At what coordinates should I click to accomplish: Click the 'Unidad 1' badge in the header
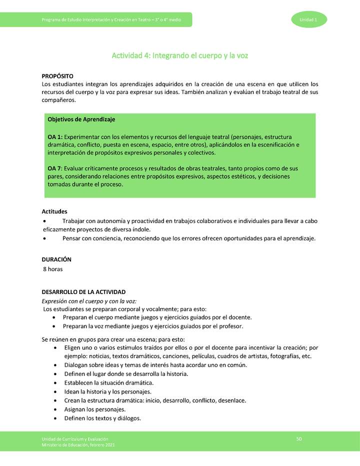[307, 19]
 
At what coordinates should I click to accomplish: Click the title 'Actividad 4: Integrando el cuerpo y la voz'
[180, 55]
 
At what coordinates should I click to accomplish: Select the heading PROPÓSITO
[57, 75]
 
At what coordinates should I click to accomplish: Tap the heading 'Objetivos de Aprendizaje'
[81, 119]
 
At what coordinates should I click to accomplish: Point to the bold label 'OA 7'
[55, 168]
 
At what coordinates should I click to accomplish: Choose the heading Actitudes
[54, 211]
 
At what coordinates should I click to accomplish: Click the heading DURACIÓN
[56, 259]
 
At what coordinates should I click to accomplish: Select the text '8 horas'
[52, 269]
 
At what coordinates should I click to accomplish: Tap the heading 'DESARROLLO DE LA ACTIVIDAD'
[83, 291]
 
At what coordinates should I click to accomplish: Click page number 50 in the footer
[299, 438]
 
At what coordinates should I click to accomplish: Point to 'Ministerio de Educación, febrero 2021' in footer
[80, 444]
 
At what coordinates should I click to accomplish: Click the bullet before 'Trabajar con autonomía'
[45, 221]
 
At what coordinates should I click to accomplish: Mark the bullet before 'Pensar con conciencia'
[45, 238]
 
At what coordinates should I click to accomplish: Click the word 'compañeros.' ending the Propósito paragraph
[59, 100]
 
